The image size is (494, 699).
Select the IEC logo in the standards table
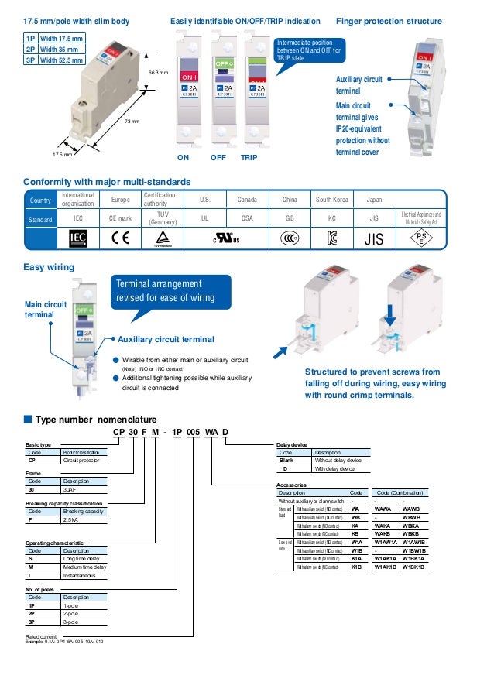coord(78,238)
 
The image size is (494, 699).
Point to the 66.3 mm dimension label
coord(158,72)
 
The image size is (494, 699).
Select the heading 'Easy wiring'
coord(49,268)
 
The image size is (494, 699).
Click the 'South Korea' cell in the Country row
coord(333,200)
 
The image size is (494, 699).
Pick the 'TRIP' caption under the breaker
coord(249,157)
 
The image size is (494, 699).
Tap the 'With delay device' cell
coord(334,468)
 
